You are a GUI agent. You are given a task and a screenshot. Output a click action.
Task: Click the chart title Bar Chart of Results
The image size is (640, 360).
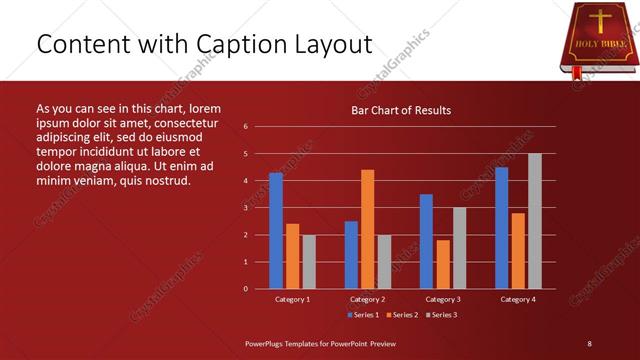(x=400, y=110)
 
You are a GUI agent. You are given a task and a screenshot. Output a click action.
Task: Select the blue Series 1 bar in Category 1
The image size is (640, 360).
(x=276, y=230)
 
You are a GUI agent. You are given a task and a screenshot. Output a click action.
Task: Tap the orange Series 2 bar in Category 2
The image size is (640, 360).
(x=367, y=229)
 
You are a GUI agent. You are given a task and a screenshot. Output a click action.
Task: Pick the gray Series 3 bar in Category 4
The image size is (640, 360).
(x=534, y=221)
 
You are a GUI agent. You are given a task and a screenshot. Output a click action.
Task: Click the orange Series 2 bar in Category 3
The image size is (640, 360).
(x=442, y=264)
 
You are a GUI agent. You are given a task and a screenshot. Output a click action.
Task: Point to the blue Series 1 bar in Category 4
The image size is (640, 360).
(x=501, y=228)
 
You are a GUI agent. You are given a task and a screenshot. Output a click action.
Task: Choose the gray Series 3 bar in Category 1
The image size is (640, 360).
(x=309, y=261)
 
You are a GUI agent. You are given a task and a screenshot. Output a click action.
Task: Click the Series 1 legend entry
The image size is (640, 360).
(x=362, y=315)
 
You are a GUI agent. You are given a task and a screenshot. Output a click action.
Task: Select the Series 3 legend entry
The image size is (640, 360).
(x=441, y=315)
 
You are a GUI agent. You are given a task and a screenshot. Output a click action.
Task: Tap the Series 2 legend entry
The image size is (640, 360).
(x=402, y=315)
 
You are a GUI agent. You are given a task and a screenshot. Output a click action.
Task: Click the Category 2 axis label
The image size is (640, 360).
(x=367, y=299)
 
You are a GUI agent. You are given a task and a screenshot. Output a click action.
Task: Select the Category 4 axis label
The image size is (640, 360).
(x=517, y=299)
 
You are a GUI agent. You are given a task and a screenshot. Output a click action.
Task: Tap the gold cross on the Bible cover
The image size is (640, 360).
(x=599, y=22)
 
